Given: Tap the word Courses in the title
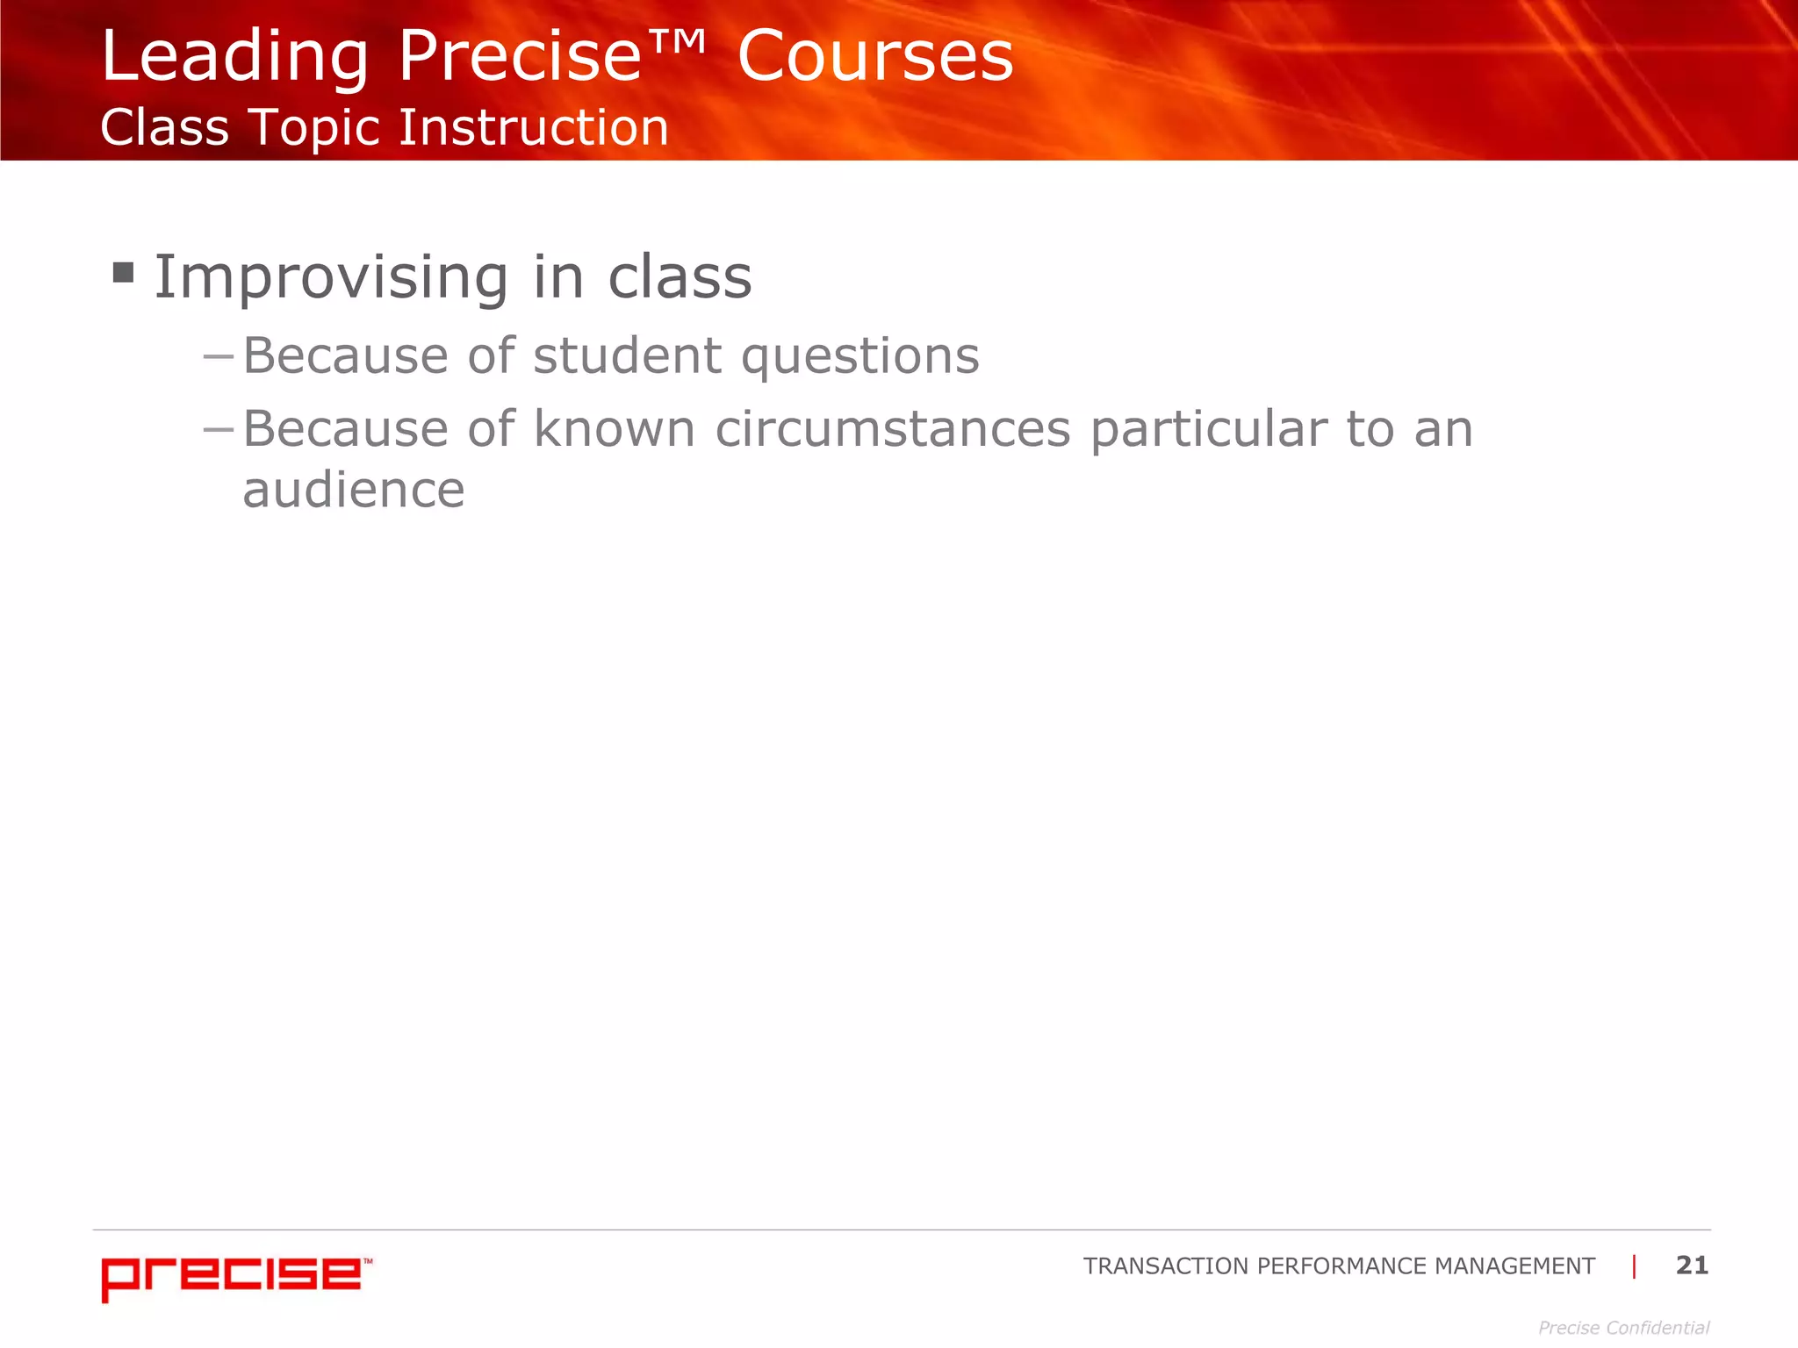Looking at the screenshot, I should (875, 57).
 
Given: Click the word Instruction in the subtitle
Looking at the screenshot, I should (534, 127).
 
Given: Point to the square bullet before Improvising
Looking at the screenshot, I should (124, 273).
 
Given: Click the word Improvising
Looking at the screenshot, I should (331, 278).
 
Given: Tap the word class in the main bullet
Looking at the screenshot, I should (680, 277).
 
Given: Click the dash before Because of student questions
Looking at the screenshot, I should (218, 357).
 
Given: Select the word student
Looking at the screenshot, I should (627, 356).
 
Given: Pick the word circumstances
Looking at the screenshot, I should (893, 429).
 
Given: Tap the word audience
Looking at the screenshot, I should (353, 490).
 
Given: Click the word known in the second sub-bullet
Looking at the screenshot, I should (615, 429).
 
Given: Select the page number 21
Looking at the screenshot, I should (1692, 1265).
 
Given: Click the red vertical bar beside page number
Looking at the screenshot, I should (1634, 1266).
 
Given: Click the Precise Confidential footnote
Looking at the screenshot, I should (1623, 1328).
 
